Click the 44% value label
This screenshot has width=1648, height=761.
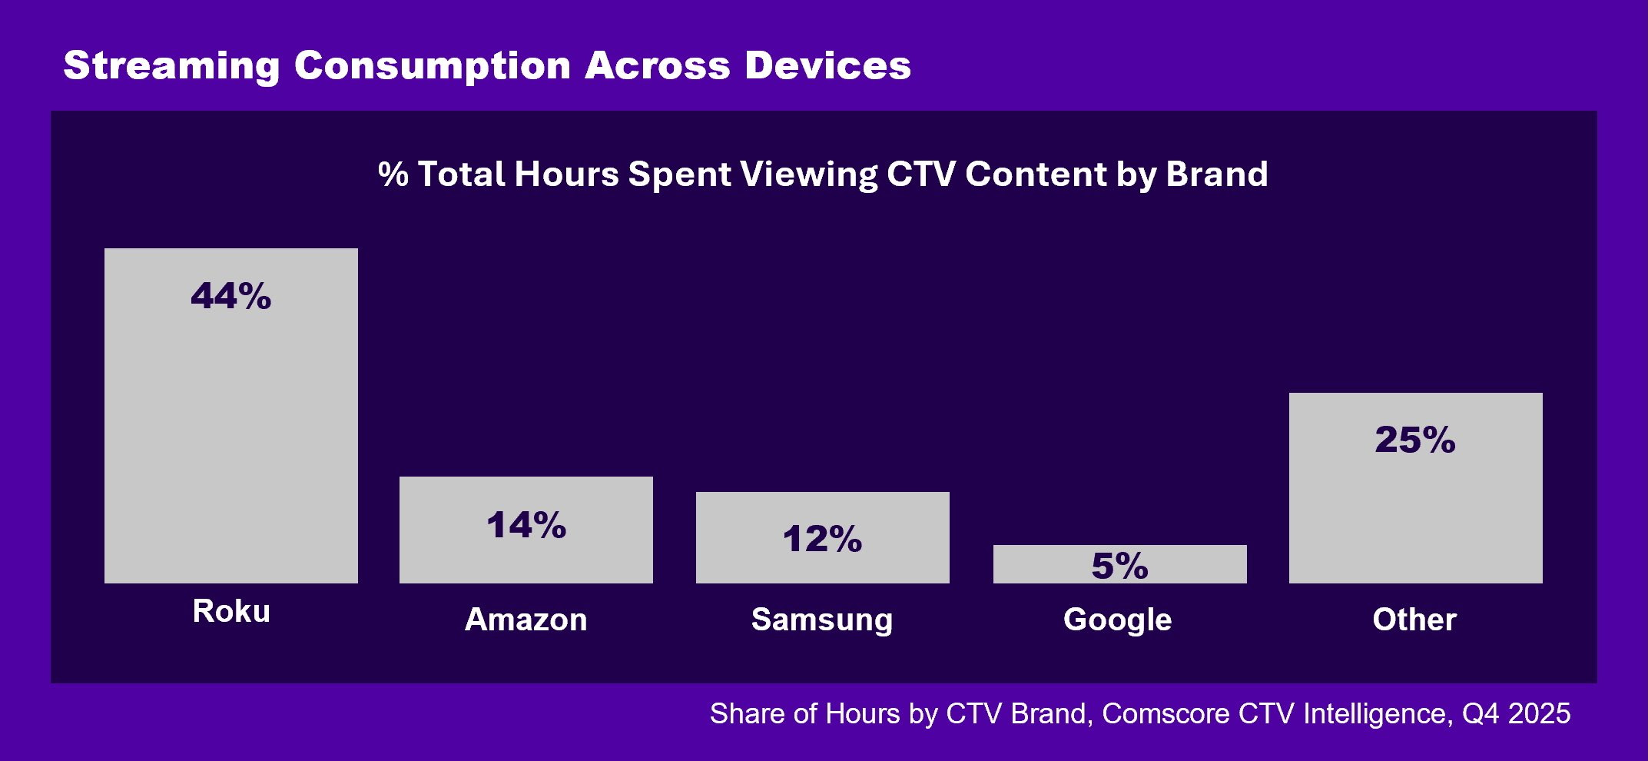pos(230,296)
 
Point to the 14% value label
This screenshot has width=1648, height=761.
pos(526,526)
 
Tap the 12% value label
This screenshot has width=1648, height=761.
pos(822,539)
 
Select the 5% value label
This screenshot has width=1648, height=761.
pos(1119,567)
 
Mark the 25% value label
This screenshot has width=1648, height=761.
pos(1415,440)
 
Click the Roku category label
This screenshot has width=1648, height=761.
pos(231,612)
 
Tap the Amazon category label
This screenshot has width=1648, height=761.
pos(526,620)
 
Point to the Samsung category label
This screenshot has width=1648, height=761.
pos(822,620)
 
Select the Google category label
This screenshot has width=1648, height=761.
pos(1117,620)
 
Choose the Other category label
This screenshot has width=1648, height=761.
pos(1414,620)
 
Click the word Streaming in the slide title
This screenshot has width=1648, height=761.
pos(171,66)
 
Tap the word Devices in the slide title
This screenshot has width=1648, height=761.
pos(827,66)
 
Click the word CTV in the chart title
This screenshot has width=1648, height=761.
pos(920,174)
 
